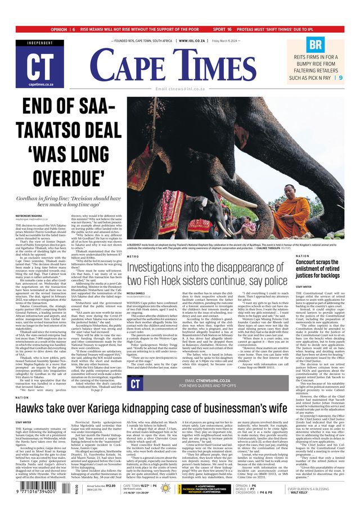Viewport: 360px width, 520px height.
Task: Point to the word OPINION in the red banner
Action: click(58, 29)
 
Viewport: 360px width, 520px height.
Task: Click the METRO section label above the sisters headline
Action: click(133, 256)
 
